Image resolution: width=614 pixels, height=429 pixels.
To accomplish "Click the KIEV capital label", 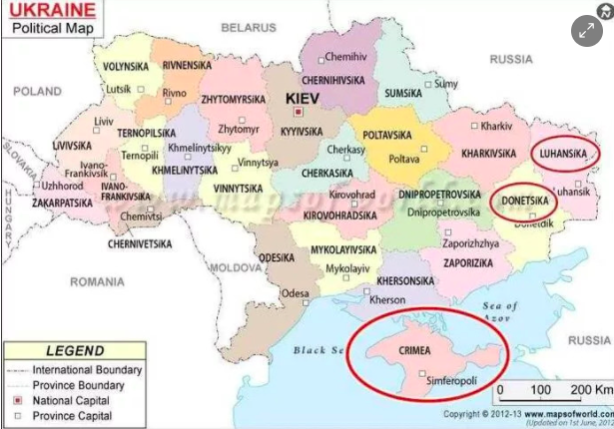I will click(303, 99).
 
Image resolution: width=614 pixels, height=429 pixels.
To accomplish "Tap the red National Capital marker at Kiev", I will click(297, 112).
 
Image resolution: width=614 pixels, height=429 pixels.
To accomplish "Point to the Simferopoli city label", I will click(456, 381).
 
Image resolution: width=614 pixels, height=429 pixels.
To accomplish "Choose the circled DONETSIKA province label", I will click(524, 201).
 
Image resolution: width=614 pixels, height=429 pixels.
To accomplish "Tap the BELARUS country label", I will click(249, 27).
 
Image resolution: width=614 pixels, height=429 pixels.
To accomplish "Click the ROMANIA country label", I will click(97, 282).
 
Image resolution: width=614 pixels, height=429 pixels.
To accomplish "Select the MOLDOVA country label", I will click(236, 267).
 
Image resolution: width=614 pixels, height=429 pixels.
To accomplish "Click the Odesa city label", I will click(295, 293).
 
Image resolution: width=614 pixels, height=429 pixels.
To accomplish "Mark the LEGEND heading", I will click(74, 351).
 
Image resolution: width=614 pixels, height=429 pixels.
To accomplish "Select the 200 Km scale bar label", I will click(590, 388).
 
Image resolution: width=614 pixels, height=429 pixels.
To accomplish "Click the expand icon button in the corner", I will click(587, 30).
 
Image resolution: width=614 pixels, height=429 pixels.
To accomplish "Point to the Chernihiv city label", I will click(345, 57).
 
